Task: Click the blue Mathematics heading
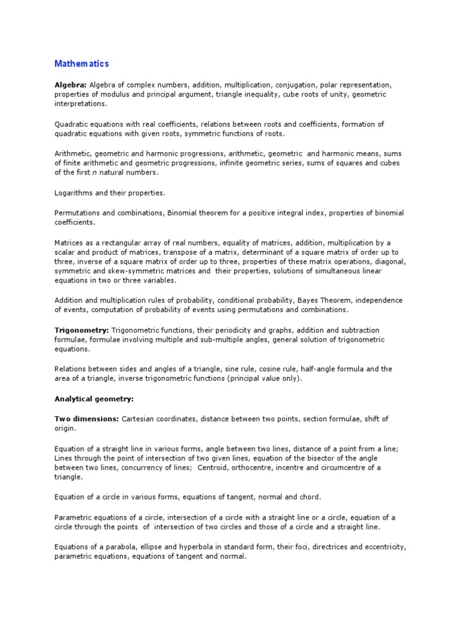point(82,63)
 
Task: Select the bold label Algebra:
point(71,85)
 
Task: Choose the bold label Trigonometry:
point(80,330)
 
